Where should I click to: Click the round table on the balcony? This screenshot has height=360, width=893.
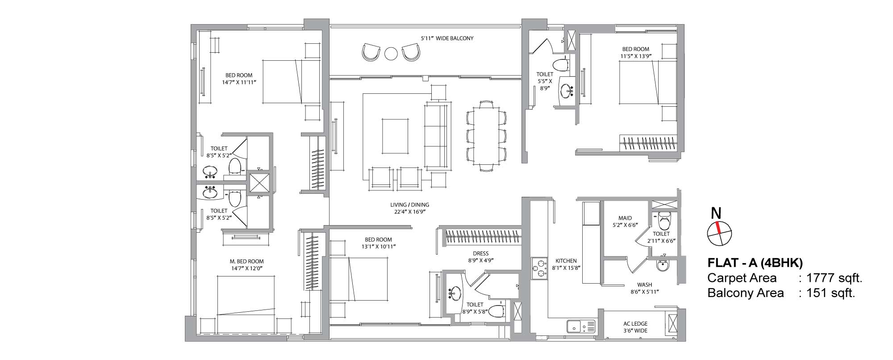pos(391,54)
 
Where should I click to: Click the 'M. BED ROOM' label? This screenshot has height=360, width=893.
pos(247,261)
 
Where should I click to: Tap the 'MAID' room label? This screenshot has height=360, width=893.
pos(625,218)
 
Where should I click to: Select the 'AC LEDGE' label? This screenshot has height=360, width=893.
pos(635,324)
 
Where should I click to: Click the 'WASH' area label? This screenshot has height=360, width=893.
pos(644,285)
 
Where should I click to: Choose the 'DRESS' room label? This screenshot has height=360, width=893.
pos(480,253)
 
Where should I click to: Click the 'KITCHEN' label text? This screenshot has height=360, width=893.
pos(566,261)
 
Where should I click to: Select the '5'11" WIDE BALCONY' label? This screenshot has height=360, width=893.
pos(447,38)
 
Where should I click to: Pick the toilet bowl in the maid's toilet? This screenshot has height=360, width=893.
pos(664,221)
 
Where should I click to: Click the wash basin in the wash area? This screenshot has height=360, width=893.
pos(663,265)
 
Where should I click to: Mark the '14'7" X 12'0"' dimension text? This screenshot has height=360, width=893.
pos(247,268)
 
